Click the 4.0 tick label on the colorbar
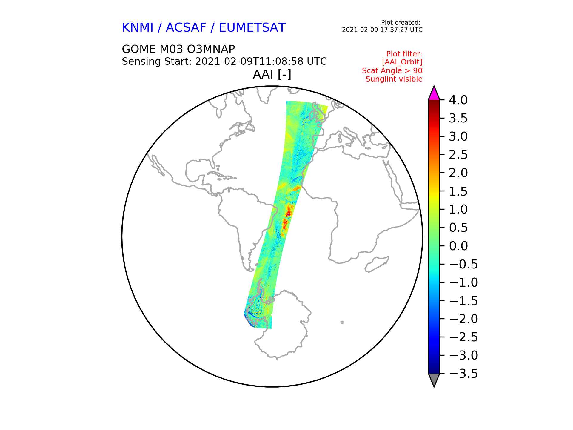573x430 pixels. [x=458, y=100]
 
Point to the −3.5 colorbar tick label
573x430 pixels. [x=463, y=373]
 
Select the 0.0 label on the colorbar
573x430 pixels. [x=458, y=246]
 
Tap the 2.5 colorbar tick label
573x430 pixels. [x=458, y=155]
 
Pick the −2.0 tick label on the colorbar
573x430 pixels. [x=463, y=319]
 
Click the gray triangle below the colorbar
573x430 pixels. [x=434, y=380]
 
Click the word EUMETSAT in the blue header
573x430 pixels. [x=252, y=27]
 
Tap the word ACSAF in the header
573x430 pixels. [x=186, y=27]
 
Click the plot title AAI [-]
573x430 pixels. [x=272, y=74]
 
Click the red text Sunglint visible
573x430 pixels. [x=394, y=79]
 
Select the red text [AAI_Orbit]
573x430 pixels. [x=402, y=62]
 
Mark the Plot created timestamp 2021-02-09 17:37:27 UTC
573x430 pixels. [x=382, y=30]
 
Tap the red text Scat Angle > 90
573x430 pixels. [x=392, y=71]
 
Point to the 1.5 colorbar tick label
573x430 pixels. [x=458, y=191]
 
